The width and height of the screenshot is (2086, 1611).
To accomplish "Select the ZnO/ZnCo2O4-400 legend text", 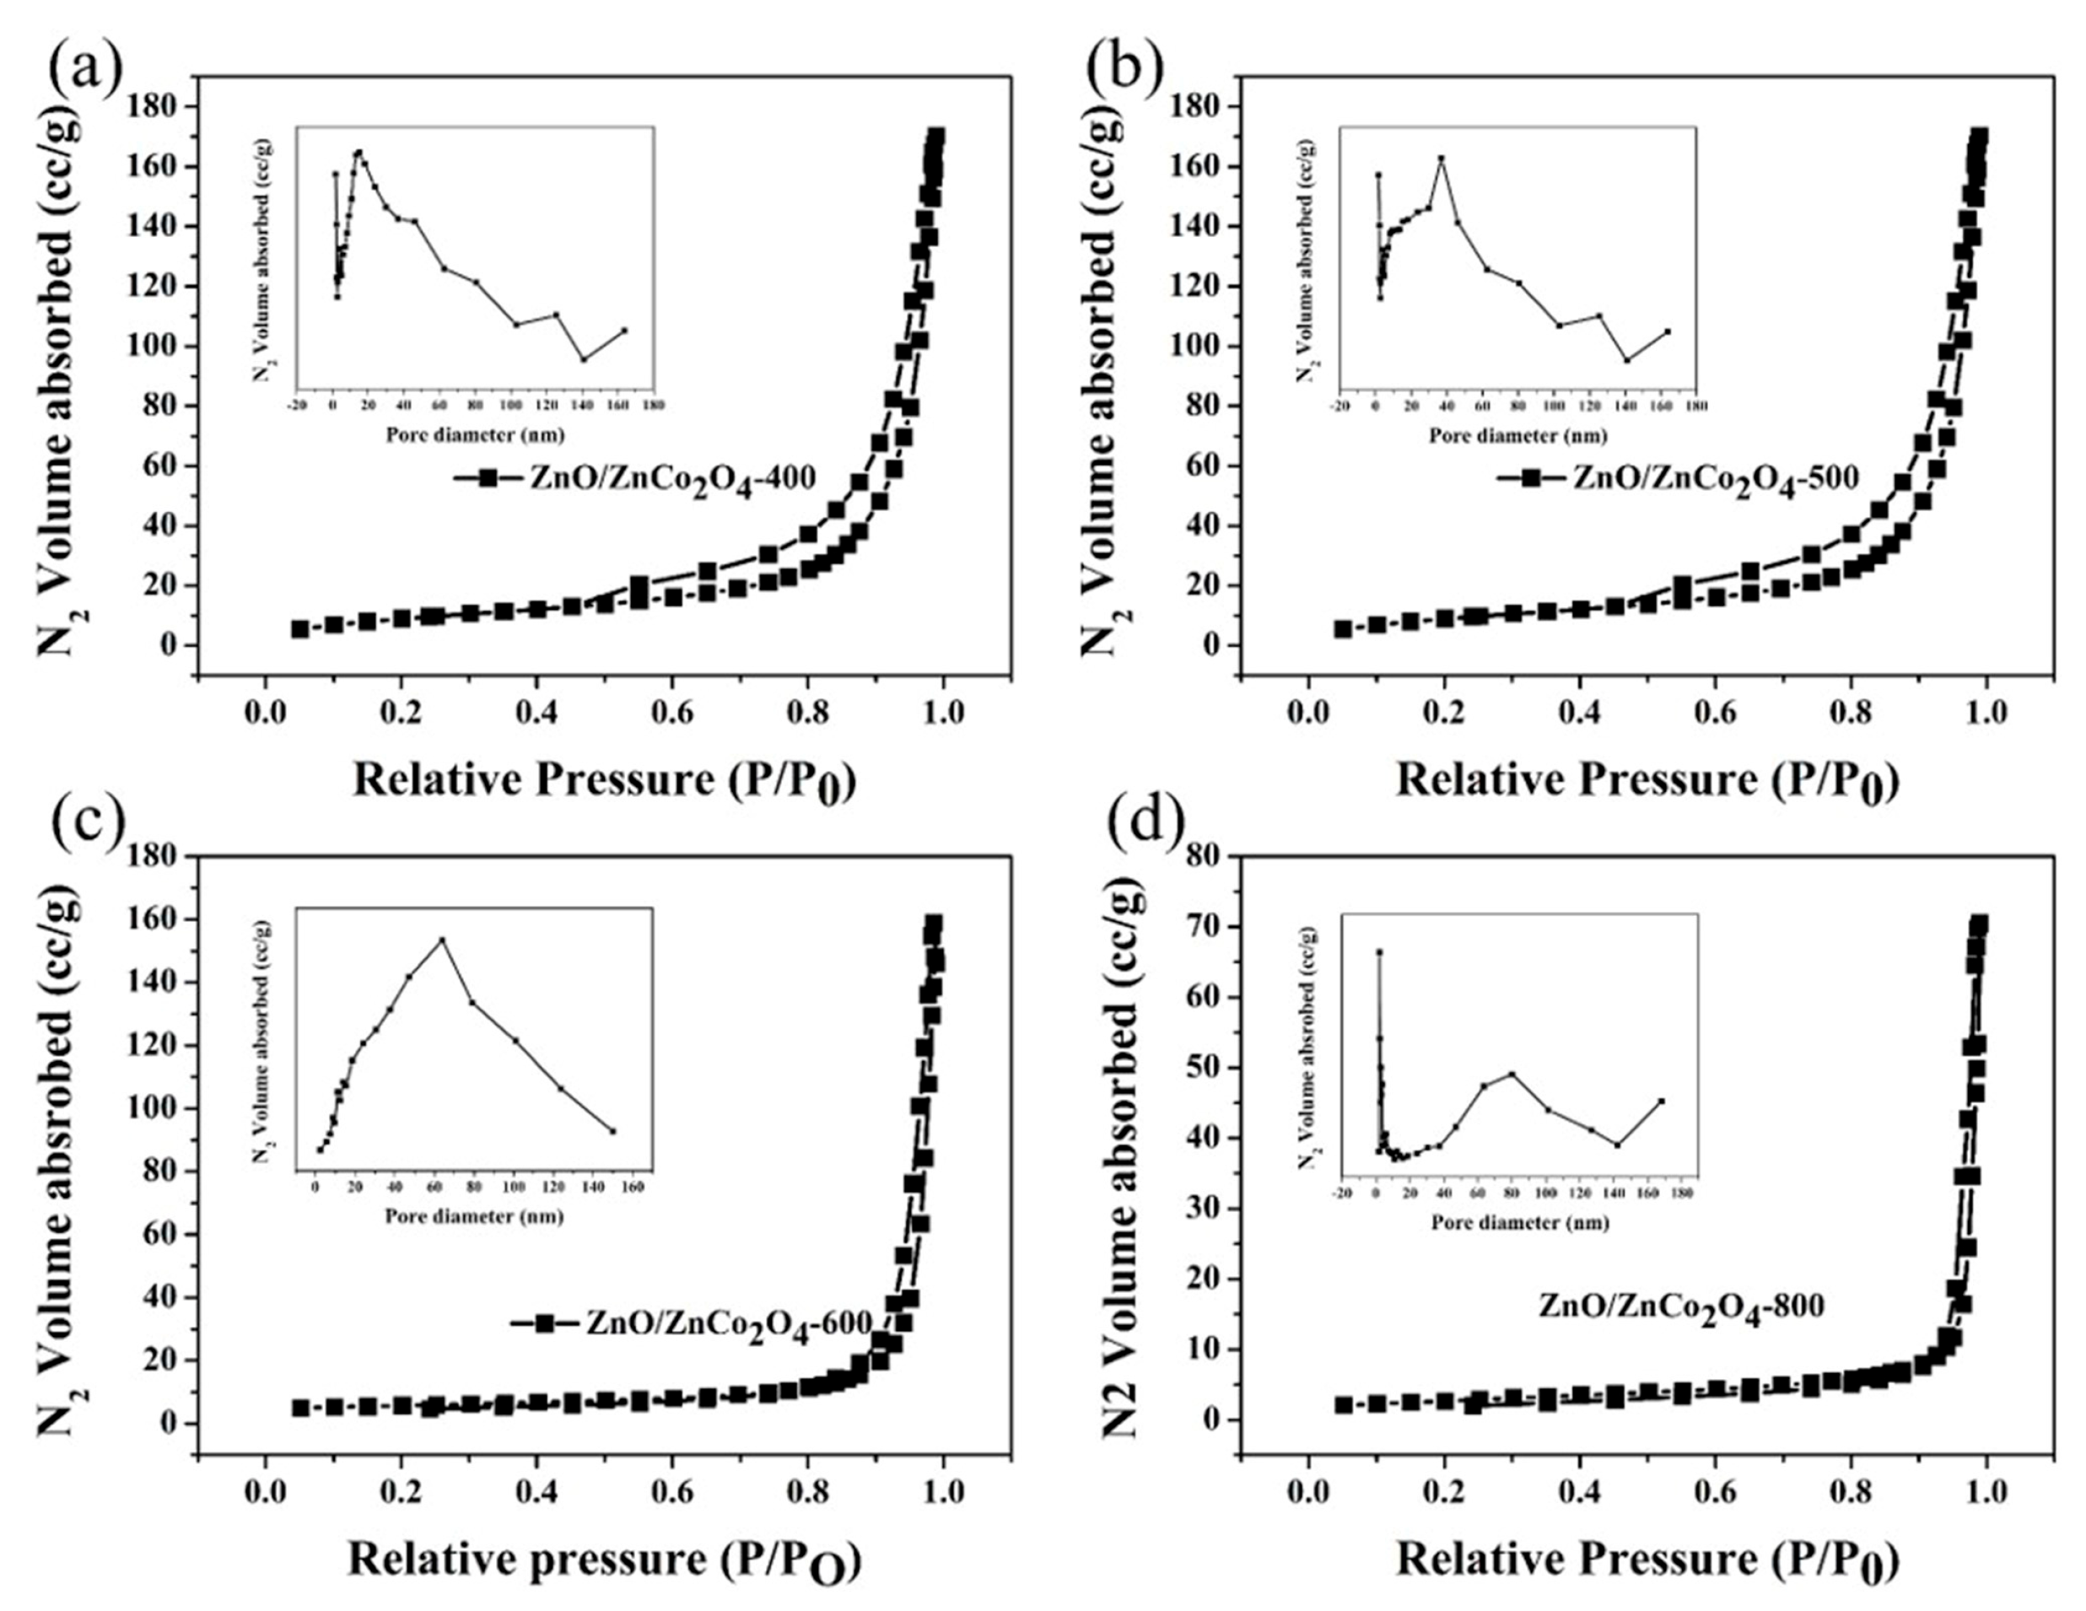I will point(673,477).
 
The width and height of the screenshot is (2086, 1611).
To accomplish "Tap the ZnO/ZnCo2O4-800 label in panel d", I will point(1681,1306).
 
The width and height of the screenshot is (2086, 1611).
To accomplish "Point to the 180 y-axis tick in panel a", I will point(154,106).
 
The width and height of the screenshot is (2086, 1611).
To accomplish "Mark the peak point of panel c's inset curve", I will point(441,940).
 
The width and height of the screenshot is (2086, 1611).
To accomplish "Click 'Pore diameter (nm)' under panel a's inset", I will point(475,435).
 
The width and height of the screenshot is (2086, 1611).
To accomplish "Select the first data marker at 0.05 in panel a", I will point(300,629).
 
